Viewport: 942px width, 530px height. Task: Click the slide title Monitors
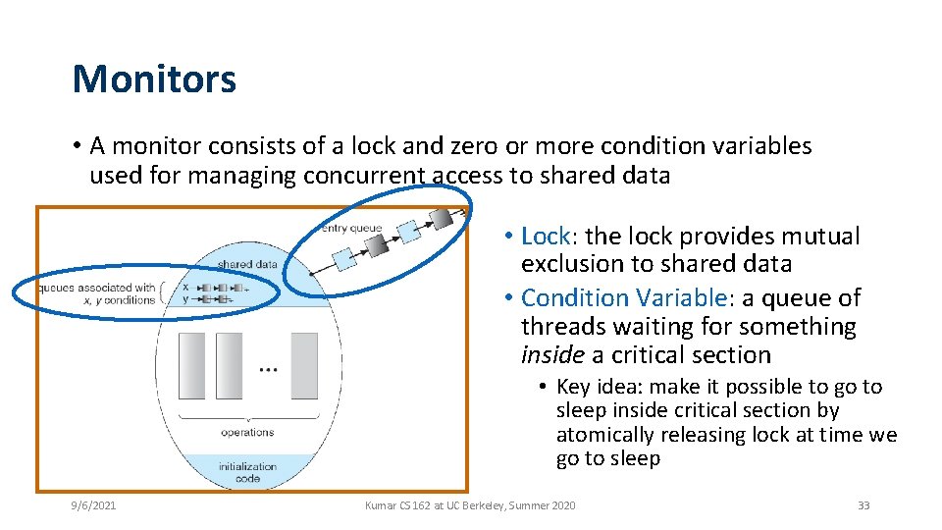pyautogui.click(x=154, y=79)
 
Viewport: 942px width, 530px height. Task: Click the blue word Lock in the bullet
pyautogui.click(x=546, y=237)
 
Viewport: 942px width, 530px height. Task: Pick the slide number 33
pyautogui.click(x=863, y=505)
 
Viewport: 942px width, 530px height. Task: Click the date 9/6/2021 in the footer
pyautogui.click(x=94, y=505)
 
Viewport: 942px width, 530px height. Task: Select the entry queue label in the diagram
pyautogui.click(x=352, y=228)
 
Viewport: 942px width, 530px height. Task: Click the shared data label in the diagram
pyautogui.click(x=247, y=264)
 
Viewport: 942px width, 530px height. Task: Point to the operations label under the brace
pyautogui.click(x=247, y=432)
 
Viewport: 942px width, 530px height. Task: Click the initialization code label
pyautogui.click(x=247, y=472)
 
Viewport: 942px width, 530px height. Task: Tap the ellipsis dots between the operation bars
pyautogui.click(x=268, y=370)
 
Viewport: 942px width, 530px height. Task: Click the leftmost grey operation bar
pyautogui.click(x=192, y=365)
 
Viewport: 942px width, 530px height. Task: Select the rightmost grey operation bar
pyautogui.click(x=304, y=365)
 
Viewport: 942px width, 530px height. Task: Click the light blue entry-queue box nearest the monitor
pyautogui.click(x=343, y=258)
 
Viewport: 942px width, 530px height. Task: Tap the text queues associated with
pyautogui.click(x=96, y=288)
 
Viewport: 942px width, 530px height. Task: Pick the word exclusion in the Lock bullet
pyautogui.click(x=565, y=264)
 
